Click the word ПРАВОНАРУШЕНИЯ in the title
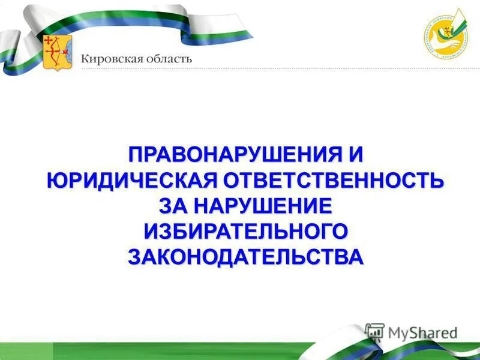[x=228, y=155]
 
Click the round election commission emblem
[x=445, y=35]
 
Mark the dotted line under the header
[x=270, y=69]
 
